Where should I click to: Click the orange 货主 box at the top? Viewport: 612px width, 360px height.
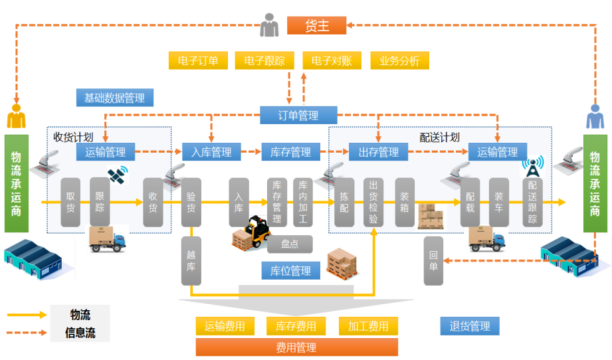(x=317, y=26)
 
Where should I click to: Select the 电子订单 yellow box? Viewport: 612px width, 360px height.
(x=198, y=61)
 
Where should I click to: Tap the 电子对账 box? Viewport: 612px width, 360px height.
(x=332, y=61)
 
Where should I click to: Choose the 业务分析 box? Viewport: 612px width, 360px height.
(x=399, y=61)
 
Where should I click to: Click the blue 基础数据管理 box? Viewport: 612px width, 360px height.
(x=114, y=98)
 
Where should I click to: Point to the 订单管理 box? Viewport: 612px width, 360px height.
(x=298, y=116)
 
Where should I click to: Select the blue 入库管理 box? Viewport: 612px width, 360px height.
(x=211, y=152)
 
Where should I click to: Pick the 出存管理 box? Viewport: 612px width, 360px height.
(x=379, y=152)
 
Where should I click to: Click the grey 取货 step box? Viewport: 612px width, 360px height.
(x=70, y=202)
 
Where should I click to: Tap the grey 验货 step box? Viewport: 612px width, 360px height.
(x=191, y=202)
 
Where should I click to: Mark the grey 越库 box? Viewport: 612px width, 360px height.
(x=191, y=261)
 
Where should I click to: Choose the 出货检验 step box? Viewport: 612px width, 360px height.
(x=373, y=202)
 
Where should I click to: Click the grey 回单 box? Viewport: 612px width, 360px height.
(x=433, y=261)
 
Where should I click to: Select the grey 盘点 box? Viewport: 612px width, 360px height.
(x=290, y=244)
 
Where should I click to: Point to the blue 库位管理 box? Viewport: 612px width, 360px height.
(x=291, y=270)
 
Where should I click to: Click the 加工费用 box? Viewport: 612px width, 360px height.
(x=368, y=326)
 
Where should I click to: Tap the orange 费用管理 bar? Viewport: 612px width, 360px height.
(x=296, y=347)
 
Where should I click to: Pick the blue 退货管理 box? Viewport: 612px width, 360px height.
(x=470, y=326)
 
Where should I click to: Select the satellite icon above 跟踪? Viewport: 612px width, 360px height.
(x=118, y=175)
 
